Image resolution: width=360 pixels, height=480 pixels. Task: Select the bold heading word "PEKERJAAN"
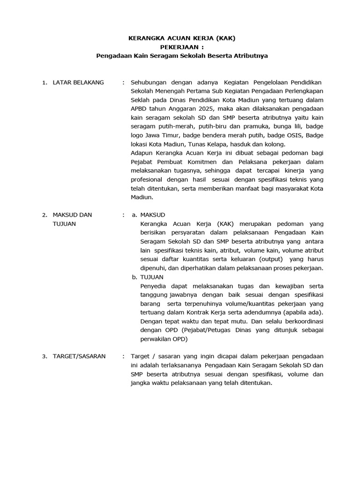tap(176, 47)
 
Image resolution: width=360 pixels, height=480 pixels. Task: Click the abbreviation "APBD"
tap(140, 109)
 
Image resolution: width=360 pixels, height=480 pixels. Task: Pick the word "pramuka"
tap(232, 127)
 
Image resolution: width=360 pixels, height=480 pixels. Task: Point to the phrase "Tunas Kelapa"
tap(210, 144)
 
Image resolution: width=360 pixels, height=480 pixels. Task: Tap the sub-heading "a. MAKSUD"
tap(148, 215)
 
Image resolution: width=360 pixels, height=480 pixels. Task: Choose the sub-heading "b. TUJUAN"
tap(147, 277)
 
